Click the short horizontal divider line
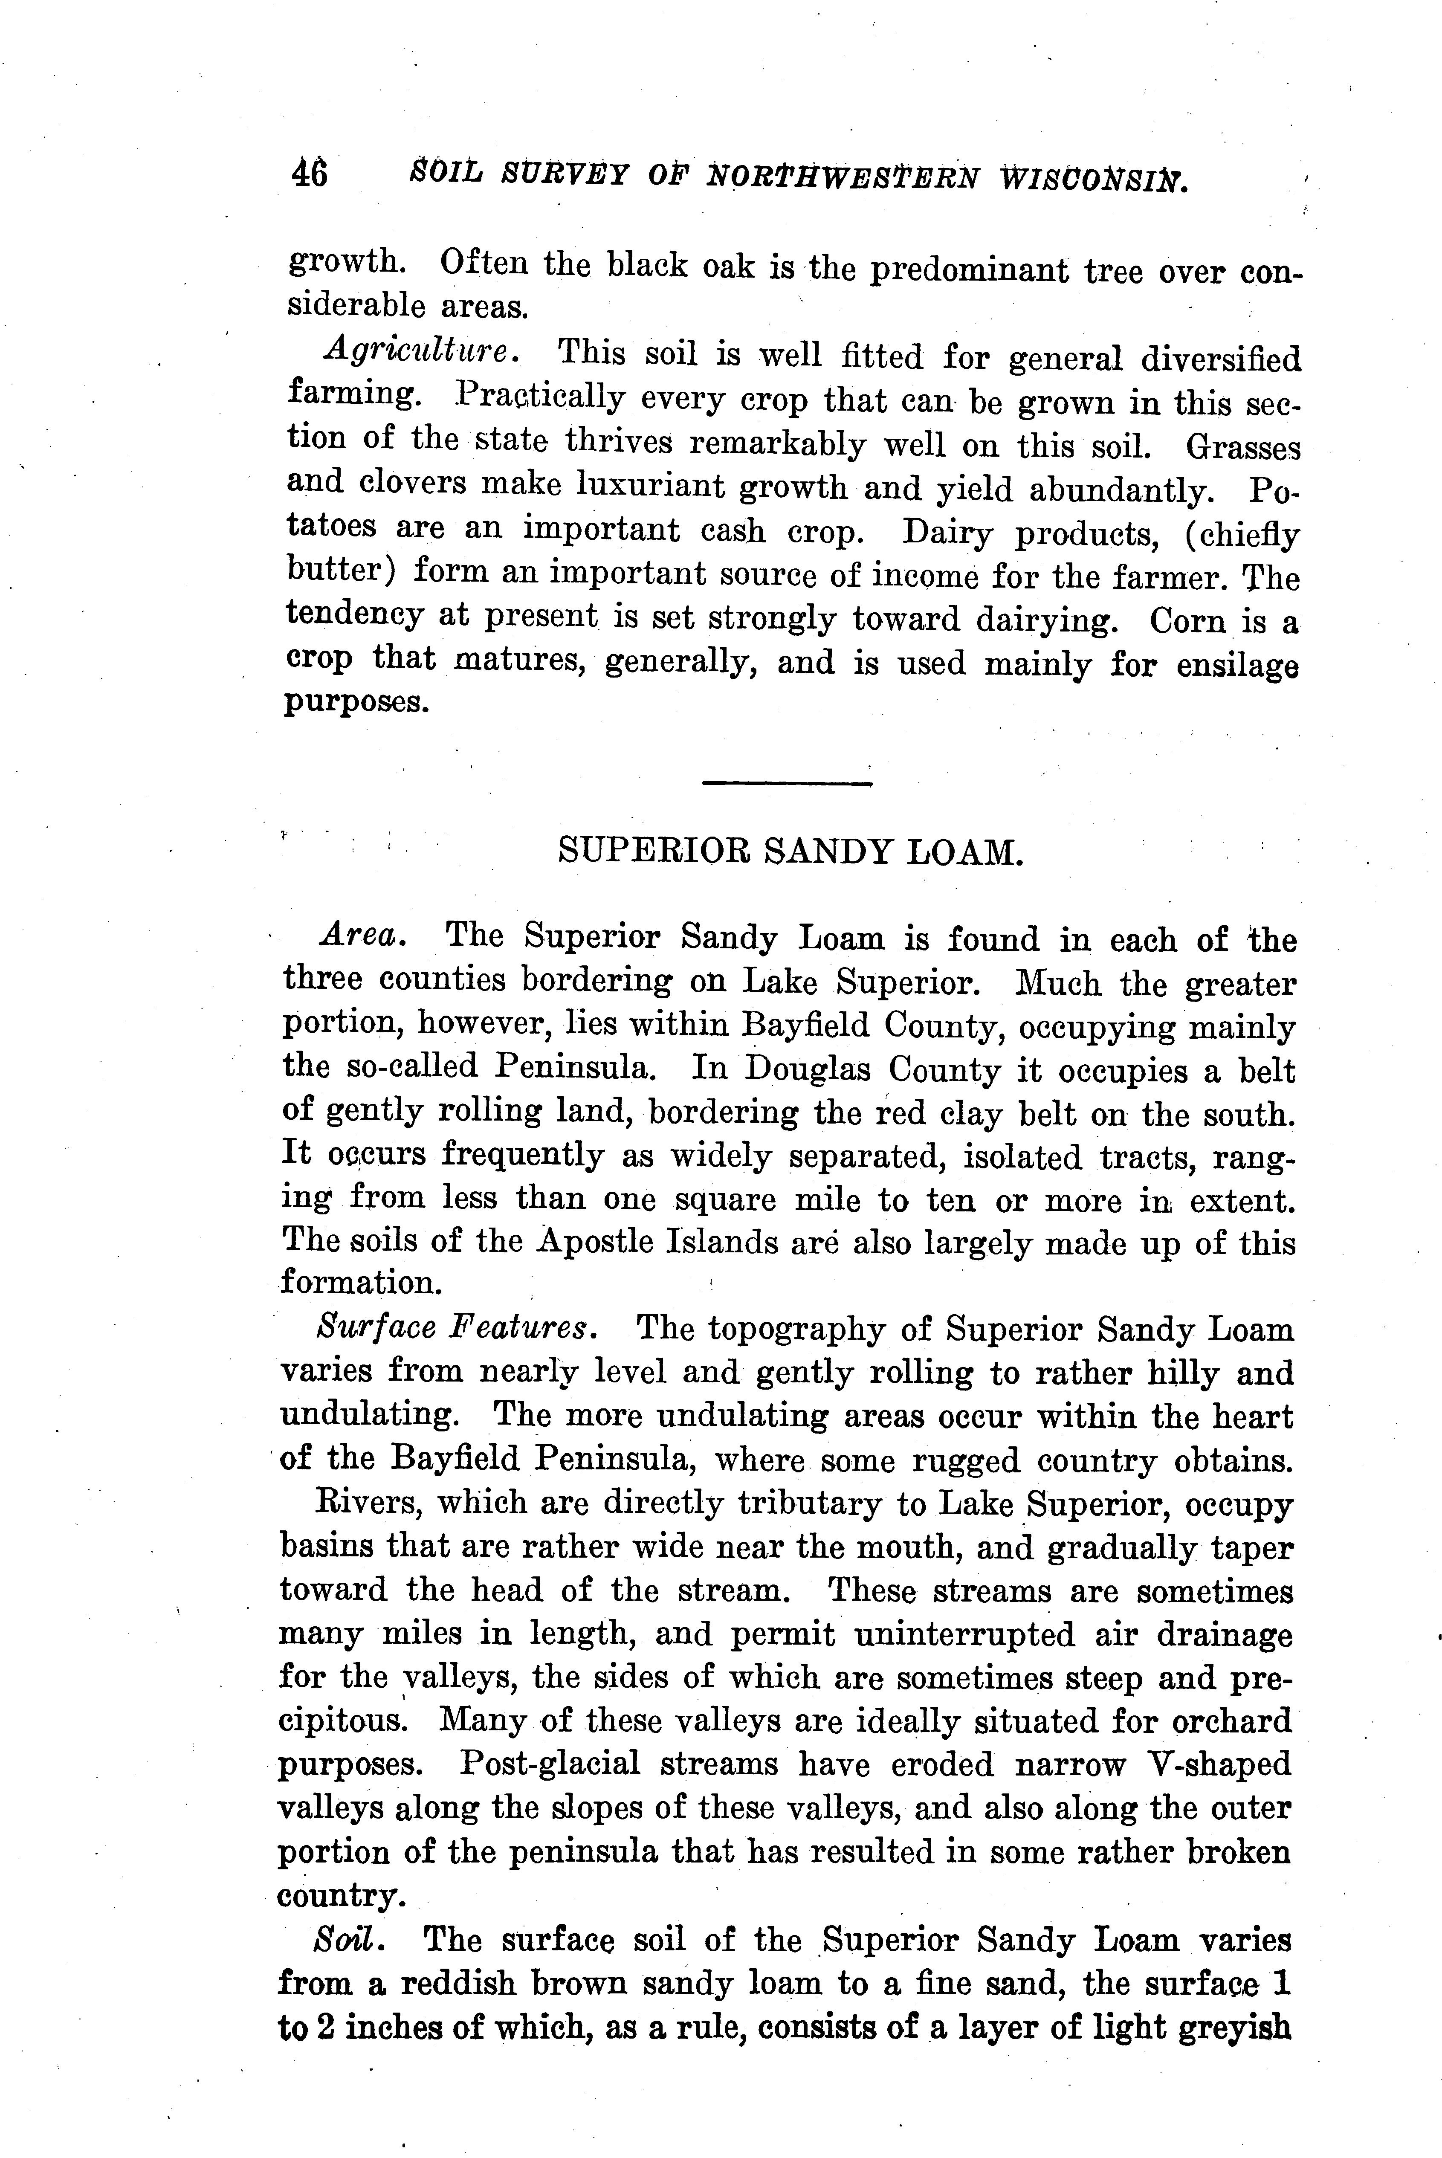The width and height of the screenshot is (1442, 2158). (x=786, y=783)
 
